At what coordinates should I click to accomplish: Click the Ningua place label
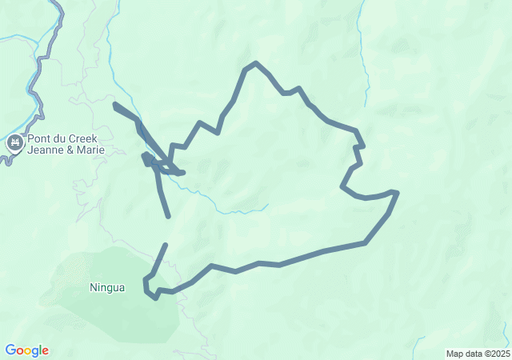pos(106,287)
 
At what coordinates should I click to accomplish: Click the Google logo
pos(26,350)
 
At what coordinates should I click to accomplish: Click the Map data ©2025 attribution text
pos(478,354)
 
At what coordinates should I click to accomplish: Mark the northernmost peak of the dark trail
pos(255,62)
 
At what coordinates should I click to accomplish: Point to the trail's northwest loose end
pos(115,104)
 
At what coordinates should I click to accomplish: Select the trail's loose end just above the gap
pos(169,216)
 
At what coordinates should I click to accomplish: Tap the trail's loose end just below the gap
pos(166,245)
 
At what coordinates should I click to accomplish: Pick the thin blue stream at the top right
pos(363,56)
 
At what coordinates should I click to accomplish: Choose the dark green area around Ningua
pos(120,312)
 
